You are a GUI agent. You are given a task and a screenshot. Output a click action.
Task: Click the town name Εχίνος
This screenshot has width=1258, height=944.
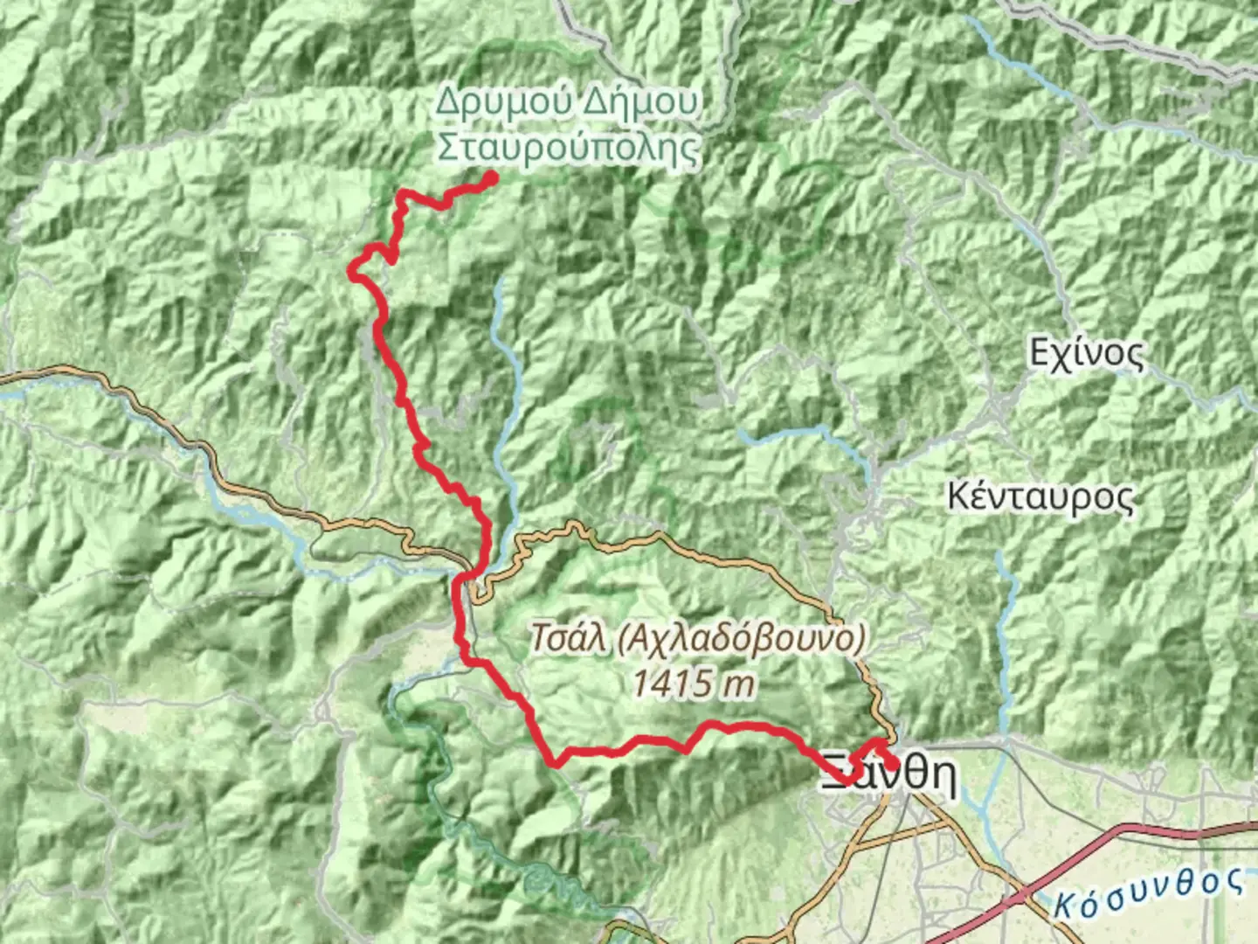(1085, 354)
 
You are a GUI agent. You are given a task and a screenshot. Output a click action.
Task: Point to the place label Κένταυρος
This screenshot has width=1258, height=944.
(1040, 496)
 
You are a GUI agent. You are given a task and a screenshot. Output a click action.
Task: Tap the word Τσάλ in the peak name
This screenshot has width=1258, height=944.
(569, 639)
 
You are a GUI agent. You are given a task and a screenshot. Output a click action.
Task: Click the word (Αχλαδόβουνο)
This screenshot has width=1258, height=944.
(741, 639)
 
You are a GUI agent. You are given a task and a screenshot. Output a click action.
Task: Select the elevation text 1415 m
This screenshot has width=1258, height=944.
(694, 683)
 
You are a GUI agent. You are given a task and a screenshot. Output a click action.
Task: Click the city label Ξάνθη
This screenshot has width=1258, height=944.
(888, 776)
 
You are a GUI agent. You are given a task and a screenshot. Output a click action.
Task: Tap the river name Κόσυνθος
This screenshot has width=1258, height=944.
(1148, 892)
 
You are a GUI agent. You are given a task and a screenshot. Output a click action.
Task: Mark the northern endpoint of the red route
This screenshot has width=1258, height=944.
(491, 178)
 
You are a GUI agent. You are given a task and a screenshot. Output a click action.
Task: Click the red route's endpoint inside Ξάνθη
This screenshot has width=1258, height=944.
(892, 765)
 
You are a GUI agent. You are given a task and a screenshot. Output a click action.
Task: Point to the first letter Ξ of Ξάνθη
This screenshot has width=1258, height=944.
(836, 776)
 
